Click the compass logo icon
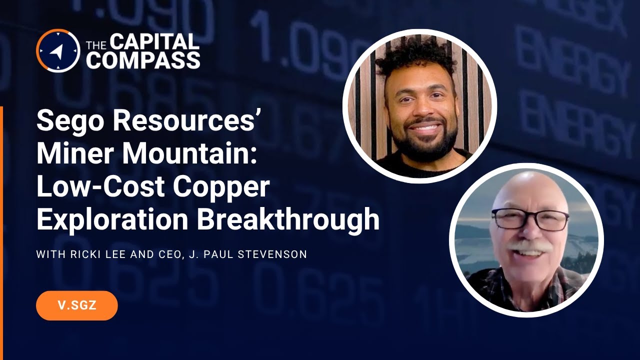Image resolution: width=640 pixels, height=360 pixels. click(x=58, y=50)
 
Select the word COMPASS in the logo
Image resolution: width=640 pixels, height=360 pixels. click(x=143, y=60)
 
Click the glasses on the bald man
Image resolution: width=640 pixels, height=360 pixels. click(x=530, y=219)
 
